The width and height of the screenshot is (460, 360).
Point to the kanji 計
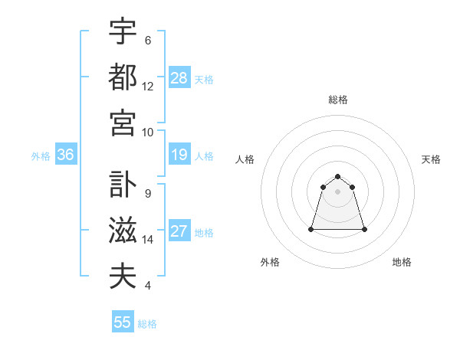(123, 185)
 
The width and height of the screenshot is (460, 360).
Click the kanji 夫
(123, 276)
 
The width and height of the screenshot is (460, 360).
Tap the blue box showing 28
(179, 77)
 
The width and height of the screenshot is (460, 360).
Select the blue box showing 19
(179, 155)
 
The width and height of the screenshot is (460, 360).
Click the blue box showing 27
(179, 232)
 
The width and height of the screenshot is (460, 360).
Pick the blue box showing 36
(66, 155)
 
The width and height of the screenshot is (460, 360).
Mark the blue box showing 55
(123, 322)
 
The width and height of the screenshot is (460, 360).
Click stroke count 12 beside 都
(148, 87)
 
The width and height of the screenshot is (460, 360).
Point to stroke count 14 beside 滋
(148, 240)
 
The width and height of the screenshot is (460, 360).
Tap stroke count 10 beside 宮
(148, 132)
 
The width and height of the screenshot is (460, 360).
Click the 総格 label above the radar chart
(337, 100)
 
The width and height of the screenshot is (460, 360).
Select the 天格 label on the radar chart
(431, 159)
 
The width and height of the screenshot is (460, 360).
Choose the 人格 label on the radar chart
(245, 159)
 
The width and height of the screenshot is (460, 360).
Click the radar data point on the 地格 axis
(363, 229)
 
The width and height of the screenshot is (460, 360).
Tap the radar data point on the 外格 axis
(312, 229)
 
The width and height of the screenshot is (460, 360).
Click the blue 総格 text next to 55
(147, 324)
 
